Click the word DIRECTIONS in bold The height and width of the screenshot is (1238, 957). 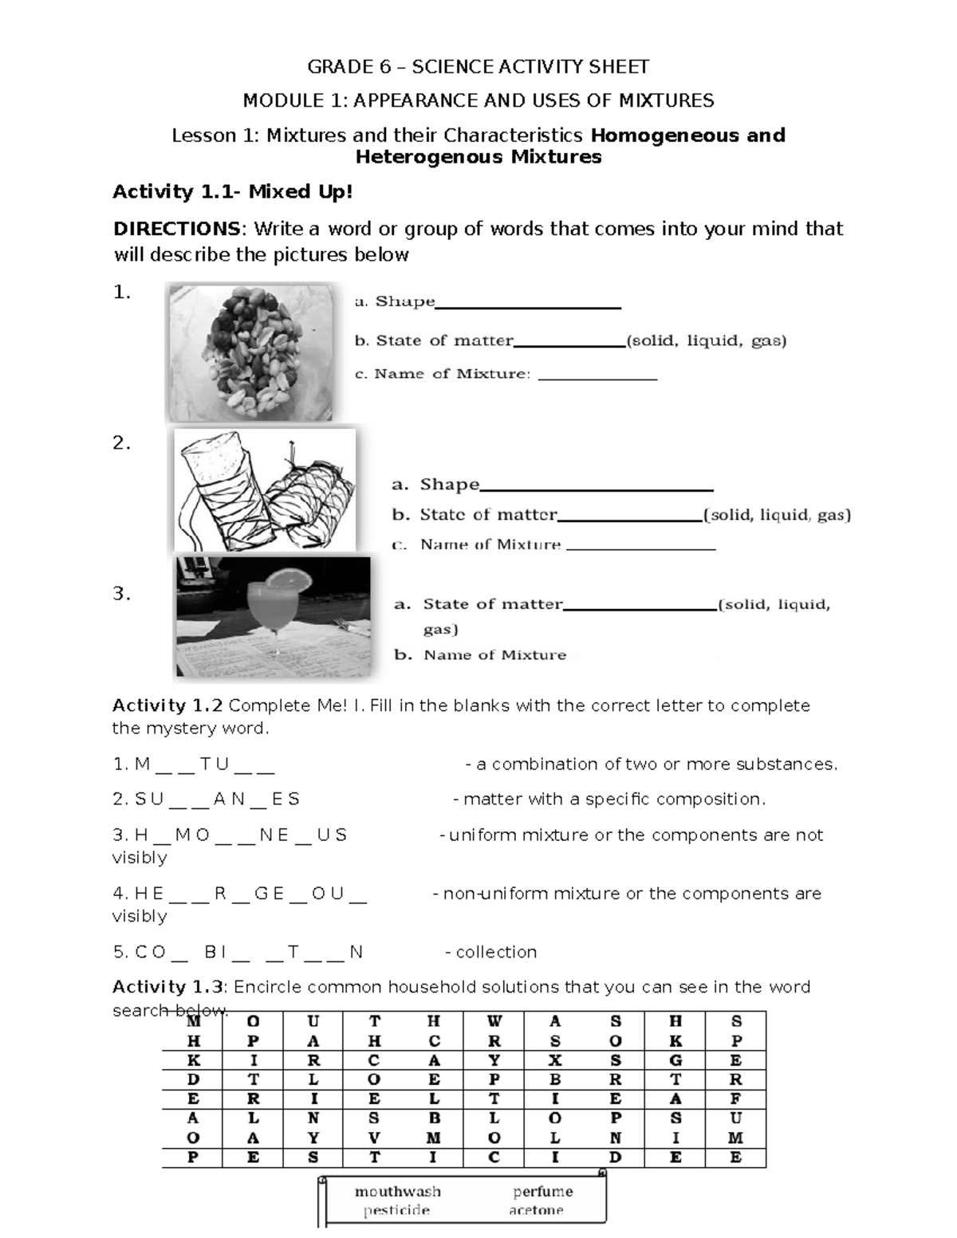pos(175,230)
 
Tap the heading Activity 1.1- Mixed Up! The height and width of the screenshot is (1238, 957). pos(231,192)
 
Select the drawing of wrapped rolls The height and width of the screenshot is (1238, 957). pos(266,490)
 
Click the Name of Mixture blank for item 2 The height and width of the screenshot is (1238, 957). pos(640,547)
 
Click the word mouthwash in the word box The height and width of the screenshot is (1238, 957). pos(397,1191)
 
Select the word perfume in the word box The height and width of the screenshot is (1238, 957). pos(542,1191)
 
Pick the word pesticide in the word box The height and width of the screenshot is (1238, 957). pos(396,1210)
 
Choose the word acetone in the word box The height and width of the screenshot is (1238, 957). pos(536,1210)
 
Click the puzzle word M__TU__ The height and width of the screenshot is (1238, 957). pos(205,764)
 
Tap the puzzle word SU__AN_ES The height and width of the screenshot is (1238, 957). pos(216,799)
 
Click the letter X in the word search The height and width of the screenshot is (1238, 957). pos(555,1060)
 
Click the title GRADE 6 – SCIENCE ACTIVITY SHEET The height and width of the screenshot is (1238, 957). pos(478,66)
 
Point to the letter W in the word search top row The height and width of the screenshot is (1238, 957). pos(494,1021)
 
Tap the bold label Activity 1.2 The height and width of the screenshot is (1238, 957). pos(166,705)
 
